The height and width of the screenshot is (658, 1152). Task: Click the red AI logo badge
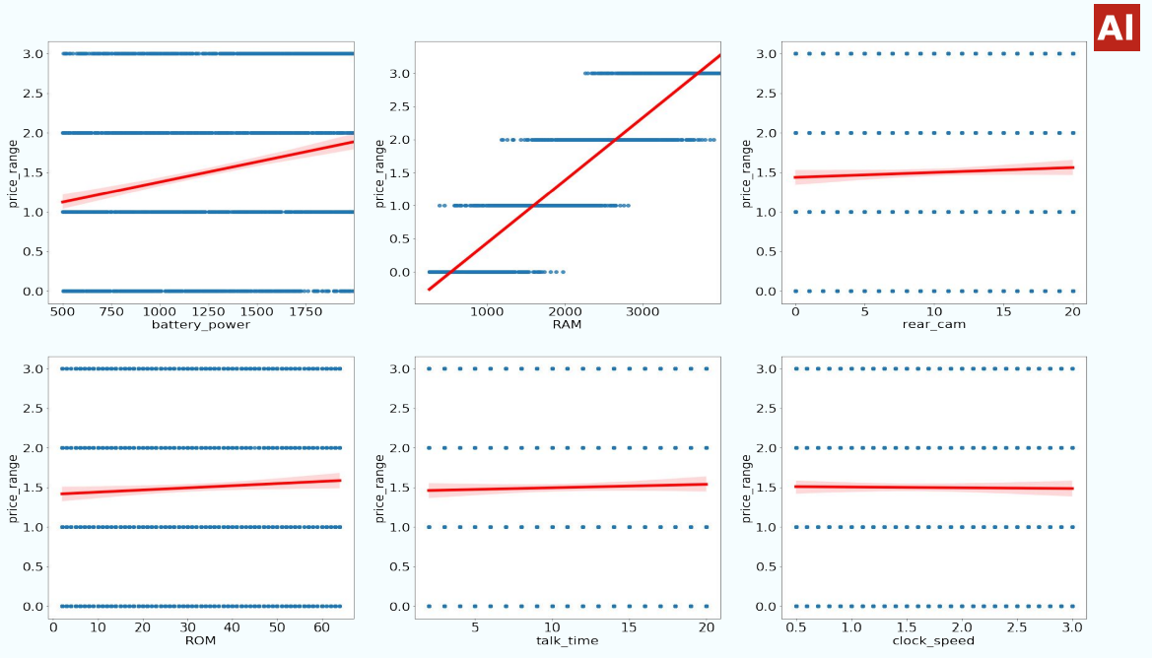coord(1117,28)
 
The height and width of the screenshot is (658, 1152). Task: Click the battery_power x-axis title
coord(201,325)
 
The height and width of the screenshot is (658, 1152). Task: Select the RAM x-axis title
coord(566,325)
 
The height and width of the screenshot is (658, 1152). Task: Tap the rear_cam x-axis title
coord(933,325)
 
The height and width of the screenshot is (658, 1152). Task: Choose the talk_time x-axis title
coord(566,640)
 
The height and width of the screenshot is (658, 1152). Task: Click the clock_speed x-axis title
coord(933,640)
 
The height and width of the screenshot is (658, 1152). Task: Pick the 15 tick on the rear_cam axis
coord(1003,312)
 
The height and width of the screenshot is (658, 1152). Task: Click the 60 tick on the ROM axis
coord(321,627)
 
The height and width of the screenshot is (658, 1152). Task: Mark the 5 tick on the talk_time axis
coord(475,627)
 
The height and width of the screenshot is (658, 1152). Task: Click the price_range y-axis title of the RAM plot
coord(379,172)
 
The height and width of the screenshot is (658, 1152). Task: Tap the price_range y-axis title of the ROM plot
coord(13,488)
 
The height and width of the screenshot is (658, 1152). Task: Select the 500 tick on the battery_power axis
coord(62,312)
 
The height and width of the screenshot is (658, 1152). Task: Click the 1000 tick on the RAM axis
coord(487,312)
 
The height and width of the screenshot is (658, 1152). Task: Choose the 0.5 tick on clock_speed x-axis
coord(795,627)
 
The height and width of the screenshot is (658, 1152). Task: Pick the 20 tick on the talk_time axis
coord(707,627)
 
